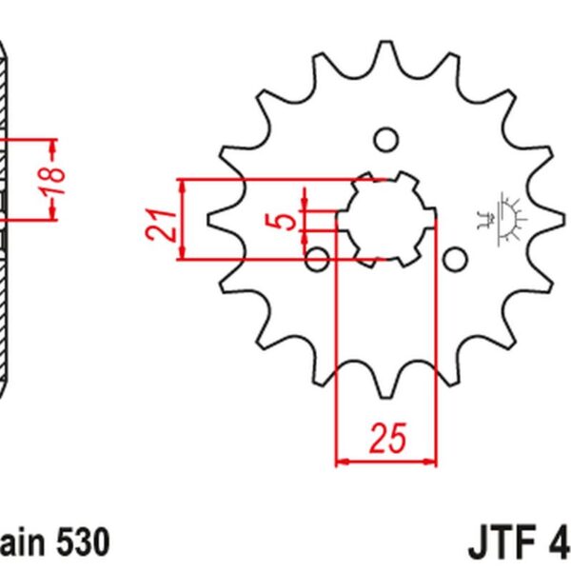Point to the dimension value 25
pyautogui.click(x=387, y=439)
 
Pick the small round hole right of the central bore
pyautogui.click(x=455, y=259)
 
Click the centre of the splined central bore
pyautogui.click(x=386, y=220)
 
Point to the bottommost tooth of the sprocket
pyautogui.click(x=386, y=385)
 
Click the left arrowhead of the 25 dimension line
pyautogui.click(x=342, y=463)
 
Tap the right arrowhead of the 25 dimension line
pyautogui.click(x=433, y=463)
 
